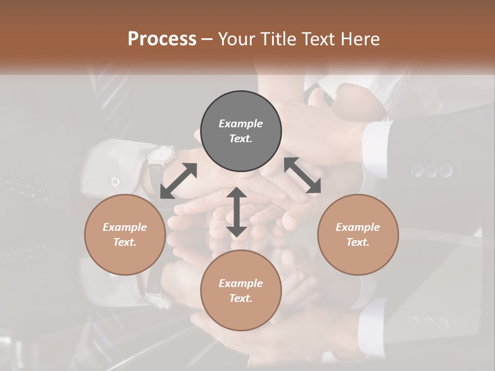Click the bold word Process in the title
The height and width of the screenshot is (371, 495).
pyautogui.click(x=162, y=39)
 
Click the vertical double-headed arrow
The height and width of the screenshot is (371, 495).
pyautogui.click(x=237, y=212)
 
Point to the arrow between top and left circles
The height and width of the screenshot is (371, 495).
pyautogui.click(x=178, y=181)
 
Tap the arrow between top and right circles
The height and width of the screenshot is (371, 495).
pyautogui.click(x=302, y=175)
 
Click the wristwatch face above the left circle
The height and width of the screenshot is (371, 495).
pyautogui.click(x=161, y=153)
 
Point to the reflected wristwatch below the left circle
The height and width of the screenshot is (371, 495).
pyautogui.click(x=157, y=299)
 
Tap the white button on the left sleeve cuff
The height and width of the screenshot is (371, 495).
pyautogui.click(x=115, y=181)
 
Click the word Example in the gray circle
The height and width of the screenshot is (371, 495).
pyautogui.click(x=241, y=124)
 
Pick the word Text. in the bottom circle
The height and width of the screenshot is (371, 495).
pyautogui.click(x=241, y=298)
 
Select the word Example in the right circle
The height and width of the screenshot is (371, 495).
pyautogui.click(x=357, y=227)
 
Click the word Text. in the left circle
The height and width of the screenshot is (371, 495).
pyautogui.click(x=125, y=242)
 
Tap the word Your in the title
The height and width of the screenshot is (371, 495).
pyautogui.click(x=237, y=39)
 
